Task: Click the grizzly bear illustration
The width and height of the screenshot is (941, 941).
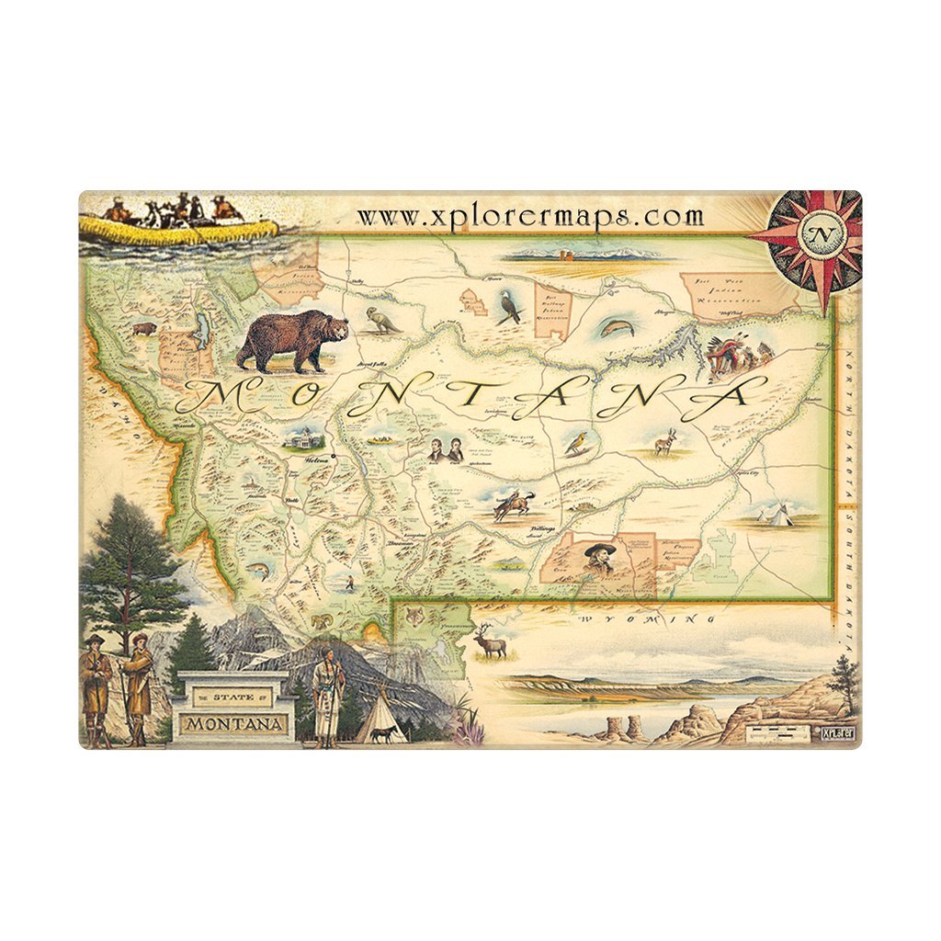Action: pos(292,340)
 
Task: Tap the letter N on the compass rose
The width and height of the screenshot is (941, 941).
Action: pos(818,233)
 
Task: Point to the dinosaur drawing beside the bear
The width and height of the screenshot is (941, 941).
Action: pos(380,320)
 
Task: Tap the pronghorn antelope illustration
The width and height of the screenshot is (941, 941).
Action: pos(664,445)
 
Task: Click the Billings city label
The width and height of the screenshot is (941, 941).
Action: pos(544,530)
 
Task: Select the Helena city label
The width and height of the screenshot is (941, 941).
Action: pos(317,461)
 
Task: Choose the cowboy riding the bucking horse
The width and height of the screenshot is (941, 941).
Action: pos(512,505)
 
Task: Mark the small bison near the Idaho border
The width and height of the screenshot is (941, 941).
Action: pos(144,328)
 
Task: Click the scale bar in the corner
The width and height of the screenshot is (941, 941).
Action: pos(773,731)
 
